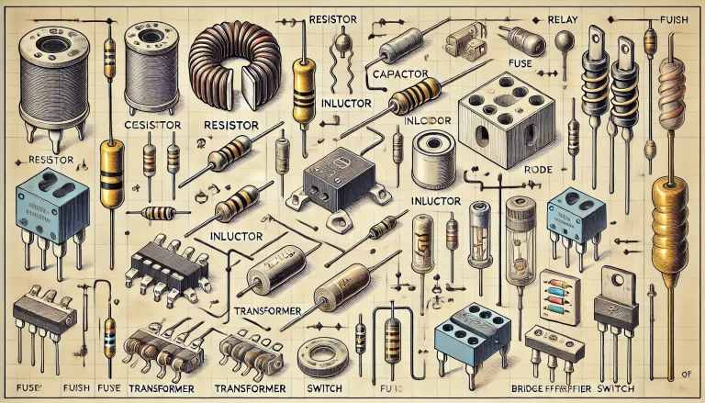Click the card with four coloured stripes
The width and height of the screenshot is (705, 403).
[559, 293]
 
